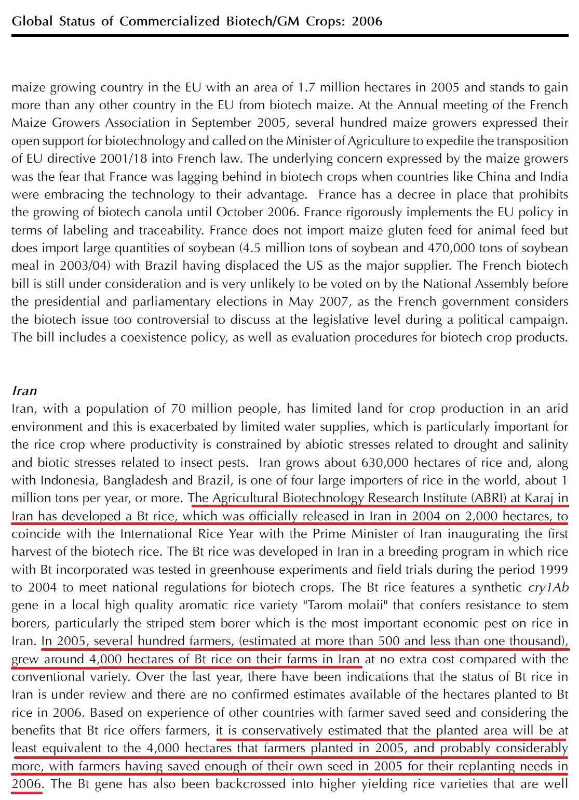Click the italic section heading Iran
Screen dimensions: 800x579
[x=24, y=390]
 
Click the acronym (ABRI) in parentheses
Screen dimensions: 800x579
[x=489, y=499]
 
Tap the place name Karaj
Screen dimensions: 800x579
[x=540, y=499]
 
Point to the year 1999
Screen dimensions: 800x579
[x=552, y=570]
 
